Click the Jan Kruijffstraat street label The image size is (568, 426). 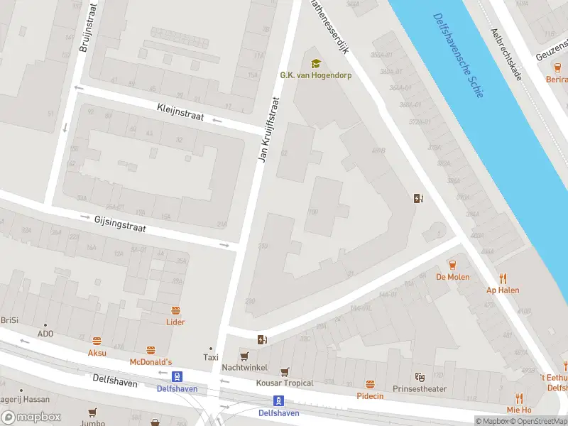[x=270, y=130]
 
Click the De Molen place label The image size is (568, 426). [x=452, y=277]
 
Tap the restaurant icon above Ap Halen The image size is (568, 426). [x=503, y=278]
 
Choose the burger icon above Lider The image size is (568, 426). [x=175, y=310]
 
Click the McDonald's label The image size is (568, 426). [x=151, y=362]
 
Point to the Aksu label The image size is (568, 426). [x=97, y=353]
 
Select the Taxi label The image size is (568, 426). [x=209, y=357]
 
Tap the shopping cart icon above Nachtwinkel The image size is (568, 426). [x=245, y=356]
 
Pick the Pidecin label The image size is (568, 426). [x=369, y=395]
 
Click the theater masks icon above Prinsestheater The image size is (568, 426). [x=420, y=376]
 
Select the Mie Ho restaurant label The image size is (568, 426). [x=519, y=410]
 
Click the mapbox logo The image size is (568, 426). [x=31, y=417]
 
